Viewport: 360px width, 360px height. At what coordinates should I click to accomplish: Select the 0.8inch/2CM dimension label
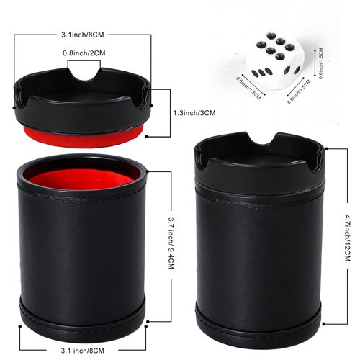click(x=84, y=53)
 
